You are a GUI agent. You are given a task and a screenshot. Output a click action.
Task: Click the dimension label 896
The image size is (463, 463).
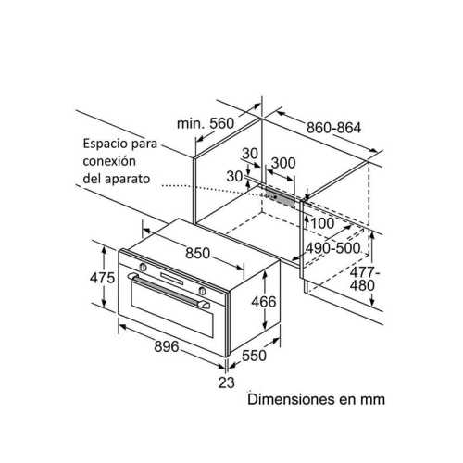(x=167, y=346)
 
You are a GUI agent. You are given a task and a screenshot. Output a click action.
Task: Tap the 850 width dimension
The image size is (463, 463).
(x=197, y=253)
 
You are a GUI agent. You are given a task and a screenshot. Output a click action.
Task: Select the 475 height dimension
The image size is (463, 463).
(x=102, y=278)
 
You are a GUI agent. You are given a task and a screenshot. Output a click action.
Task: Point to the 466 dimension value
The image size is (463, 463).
(x=264, y=302)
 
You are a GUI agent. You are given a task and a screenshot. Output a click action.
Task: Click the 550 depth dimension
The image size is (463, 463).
(x=254, y=356)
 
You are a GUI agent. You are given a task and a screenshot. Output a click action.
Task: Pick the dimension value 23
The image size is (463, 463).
(x=227, y=382)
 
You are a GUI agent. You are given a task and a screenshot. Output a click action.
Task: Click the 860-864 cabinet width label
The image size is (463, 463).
(x=333, y=128)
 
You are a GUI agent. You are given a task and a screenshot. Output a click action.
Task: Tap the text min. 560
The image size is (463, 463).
(x=206, y=123)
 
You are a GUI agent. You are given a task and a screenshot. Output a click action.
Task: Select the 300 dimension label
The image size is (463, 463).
(x=283, y=163)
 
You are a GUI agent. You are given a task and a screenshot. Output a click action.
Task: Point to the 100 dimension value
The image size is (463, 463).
(x=322, y=223)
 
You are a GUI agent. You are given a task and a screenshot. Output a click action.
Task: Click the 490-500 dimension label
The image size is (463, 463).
(x=332, y=248)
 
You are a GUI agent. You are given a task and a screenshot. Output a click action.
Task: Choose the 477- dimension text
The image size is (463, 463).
(x=365, y=272)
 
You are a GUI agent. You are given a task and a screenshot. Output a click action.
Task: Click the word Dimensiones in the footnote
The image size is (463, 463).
(x=291, y=399)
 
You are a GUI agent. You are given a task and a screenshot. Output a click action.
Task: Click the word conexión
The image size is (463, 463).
(x=109, y=161)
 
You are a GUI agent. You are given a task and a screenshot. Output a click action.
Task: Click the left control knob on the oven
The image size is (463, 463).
(x=143, y=268)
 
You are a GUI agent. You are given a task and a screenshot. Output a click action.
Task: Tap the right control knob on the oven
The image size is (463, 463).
(x=202, y=291)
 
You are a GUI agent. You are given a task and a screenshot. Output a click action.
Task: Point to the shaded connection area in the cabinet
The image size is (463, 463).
(x=281, y=196)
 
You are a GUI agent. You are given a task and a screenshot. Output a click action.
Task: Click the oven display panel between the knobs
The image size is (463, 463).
(x=171, y=279)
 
